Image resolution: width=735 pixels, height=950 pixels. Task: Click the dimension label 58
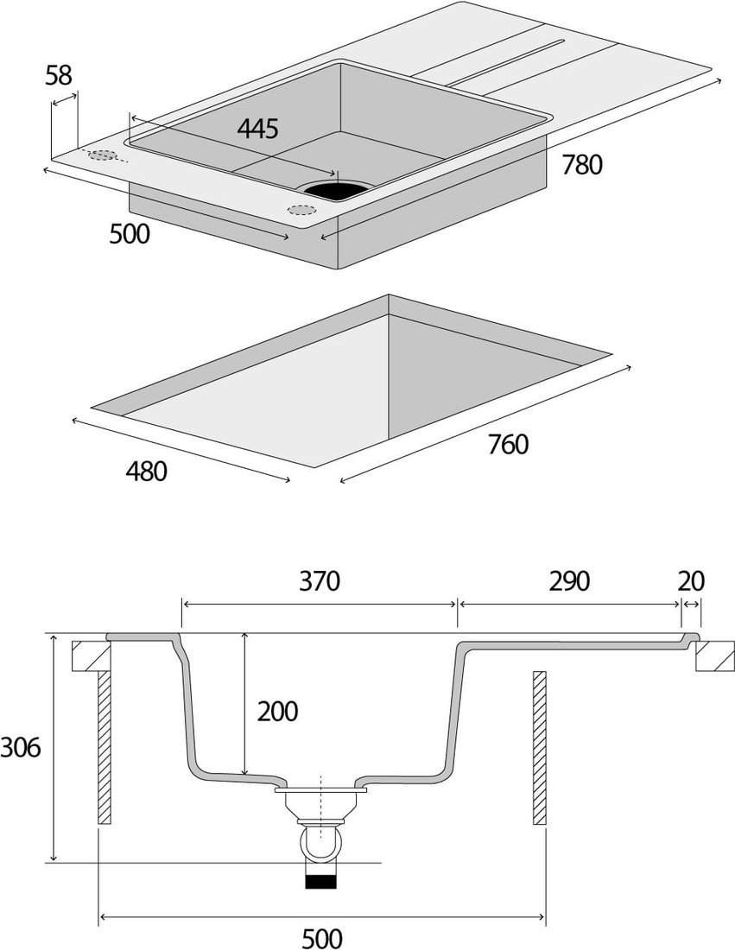(58, 75)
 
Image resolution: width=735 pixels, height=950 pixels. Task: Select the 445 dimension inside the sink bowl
(257, 129)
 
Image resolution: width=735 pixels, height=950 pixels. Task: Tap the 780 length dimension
(582, 164)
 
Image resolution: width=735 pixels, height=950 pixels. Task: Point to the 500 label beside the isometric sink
(130, 233)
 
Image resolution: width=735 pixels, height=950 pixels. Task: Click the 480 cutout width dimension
(146, 472)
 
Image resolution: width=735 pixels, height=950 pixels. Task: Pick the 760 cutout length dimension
(508, 445)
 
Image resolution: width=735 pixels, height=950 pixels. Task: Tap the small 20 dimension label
(691, 581)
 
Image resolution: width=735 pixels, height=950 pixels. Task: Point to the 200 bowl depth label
(277, 712)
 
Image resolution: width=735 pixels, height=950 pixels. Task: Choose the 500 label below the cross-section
(321, 937)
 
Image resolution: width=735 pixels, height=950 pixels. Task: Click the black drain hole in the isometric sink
(336, 187)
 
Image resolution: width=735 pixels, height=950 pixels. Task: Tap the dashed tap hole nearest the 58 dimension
(103, 155)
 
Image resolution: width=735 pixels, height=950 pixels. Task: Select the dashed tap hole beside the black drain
(301, 209)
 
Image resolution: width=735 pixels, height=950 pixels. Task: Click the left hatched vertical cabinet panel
(104, 747)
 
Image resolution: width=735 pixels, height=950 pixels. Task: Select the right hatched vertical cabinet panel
(540, 747)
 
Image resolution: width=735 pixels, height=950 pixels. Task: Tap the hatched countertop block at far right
(715, 656)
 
